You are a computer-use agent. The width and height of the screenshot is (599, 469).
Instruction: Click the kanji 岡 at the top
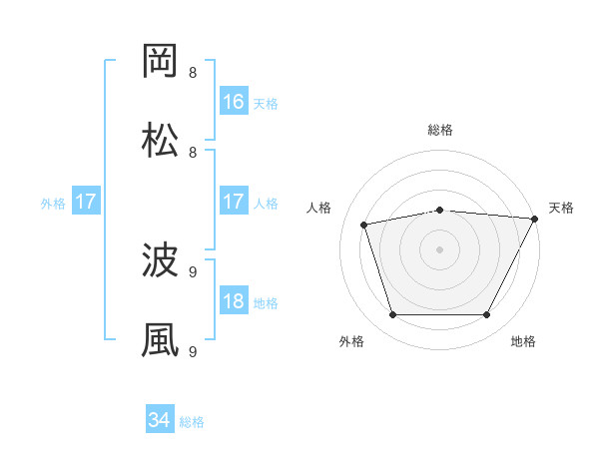point(160,61)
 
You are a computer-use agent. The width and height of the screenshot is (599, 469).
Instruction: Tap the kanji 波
point(160,261)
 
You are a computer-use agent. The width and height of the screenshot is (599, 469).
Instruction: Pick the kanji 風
point(160,340)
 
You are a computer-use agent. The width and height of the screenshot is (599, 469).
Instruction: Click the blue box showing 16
point(234,102)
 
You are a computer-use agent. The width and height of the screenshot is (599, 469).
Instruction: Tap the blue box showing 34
point(159,421)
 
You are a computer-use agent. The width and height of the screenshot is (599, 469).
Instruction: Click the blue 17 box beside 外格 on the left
point(86,202)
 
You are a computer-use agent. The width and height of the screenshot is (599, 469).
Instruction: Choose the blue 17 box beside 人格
point(234,202)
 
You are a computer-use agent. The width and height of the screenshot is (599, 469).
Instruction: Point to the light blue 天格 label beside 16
point(266,103)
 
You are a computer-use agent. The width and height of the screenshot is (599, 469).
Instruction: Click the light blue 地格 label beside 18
point(266,303)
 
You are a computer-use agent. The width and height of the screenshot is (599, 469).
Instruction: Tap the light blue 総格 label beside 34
point(192,422)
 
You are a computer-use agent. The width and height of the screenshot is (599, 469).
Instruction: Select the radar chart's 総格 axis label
point(440,130)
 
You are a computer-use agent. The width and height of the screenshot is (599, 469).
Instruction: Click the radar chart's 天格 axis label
point(561,208)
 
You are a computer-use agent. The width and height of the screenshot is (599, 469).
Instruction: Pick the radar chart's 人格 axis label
point(320,208)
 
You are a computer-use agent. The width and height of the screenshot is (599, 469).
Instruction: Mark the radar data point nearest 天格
point(535,219)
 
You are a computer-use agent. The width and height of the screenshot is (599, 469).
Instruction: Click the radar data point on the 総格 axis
point(440,210)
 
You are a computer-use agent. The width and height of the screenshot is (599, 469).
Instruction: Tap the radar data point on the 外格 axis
point(392,315)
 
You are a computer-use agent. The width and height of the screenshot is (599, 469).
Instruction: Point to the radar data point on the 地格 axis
point(487,315)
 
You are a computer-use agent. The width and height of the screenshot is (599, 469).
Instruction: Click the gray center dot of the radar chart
point(440,249)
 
